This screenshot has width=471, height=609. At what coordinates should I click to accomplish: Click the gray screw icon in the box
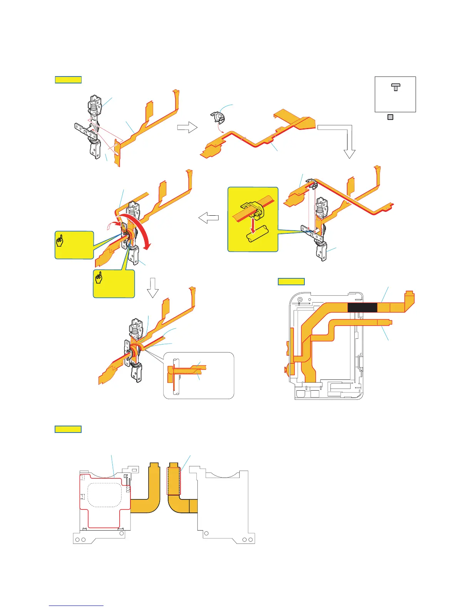[x=396, y=87]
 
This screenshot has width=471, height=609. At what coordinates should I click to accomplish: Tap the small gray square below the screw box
[x=390, y=117]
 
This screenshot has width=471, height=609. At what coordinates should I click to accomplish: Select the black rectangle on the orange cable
[x=362, y=308]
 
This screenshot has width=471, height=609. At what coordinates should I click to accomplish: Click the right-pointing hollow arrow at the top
[x=187, y=127]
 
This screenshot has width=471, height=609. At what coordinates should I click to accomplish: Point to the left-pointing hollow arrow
[x=209, y=218]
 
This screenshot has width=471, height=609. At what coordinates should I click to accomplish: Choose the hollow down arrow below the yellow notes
[x=153, y=288]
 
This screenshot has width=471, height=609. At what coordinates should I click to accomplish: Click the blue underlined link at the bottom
[x=76, y=606]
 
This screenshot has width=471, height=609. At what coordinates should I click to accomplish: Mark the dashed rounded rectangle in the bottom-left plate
[x=105, y=494]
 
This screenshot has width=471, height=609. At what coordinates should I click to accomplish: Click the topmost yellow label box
[x=68, y=80]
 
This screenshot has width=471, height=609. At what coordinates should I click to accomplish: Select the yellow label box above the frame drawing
[x=291, y=281]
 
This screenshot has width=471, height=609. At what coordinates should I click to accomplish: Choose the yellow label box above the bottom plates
[x=68, y=429]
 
